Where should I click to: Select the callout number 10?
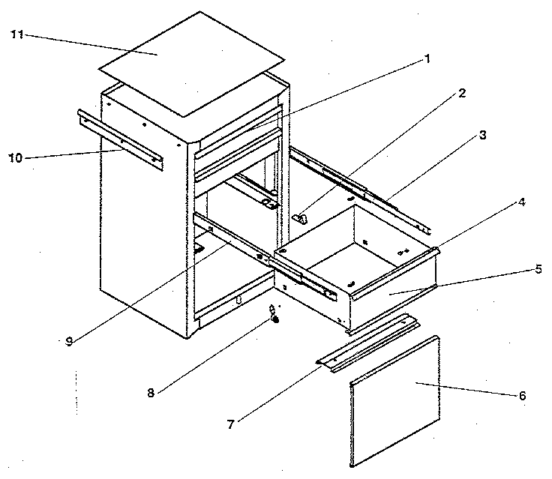tap(17, 158)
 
